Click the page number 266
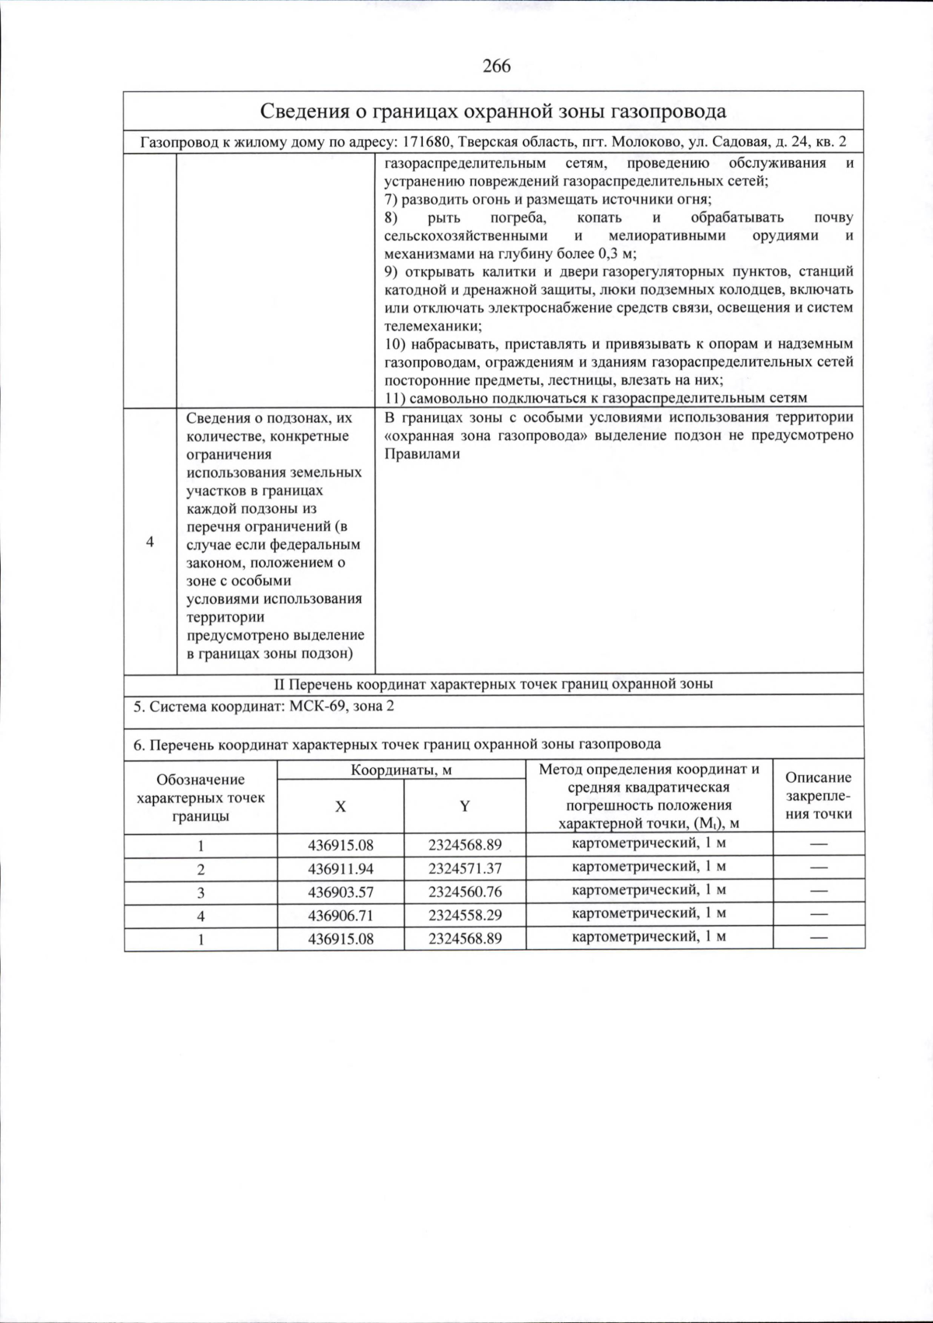point(497,66)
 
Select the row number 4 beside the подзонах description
point(150,542)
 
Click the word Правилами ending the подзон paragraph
point(422,454)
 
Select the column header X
point(341,807)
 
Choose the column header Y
point(464,807)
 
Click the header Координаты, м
point(401,770)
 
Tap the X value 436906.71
point(341,916)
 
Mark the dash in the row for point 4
point(819,915)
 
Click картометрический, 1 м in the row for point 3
point(649,890)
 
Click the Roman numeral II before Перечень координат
point(280,684)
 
